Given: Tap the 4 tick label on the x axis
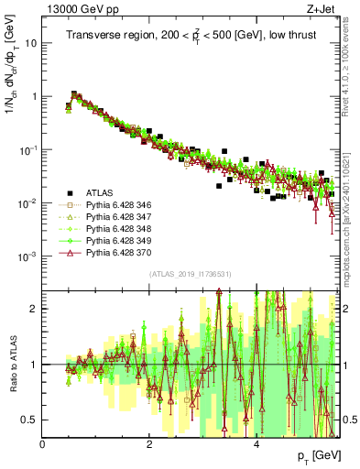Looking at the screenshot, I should [x=256, y=443].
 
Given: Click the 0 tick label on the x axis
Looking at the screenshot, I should [x=43, y=443].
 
